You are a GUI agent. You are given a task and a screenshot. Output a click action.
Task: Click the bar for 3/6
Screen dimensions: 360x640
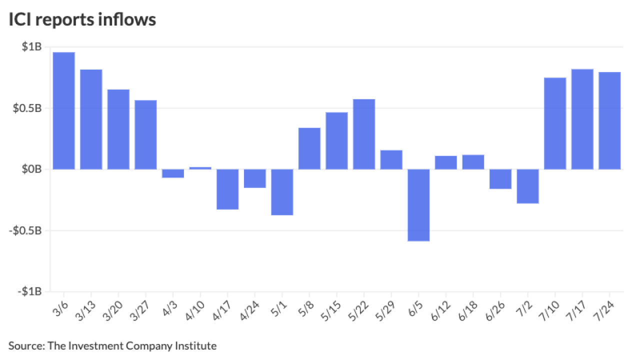click(x=64, y=110)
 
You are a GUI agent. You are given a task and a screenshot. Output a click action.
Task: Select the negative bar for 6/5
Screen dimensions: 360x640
click(x=418, y=205)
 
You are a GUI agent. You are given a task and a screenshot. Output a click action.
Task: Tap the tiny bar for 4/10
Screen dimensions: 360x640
click(x=200, y=168)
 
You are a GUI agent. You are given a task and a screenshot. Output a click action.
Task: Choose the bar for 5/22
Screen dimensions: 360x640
click(x=364, y=134)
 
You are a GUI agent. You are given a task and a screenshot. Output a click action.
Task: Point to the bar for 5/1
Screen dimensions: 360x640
click(x=282, y=192)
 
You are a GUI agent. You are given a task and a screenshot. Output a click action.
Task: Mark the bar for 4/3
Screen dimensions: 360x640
click(x=173, y=173)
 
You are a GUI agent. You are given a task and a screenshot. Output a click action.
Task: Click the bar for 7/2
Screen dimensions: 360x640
click(x=527, y=186)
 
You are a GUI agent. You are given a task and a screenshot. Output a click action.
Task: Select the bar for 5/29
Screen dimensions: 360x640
click(x=391, y=159)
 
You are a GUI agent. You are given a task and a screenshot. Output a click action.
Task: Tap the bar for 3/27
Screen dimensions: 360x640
click(x=145, y=134)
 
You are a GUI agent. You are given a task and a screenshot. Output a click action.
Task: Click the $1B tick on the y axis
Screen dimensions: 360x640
click(x=31, y=47)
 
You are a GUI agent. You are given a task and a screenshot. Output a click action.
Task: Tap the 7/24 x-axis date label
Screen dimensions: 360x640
click(x=608, y=308)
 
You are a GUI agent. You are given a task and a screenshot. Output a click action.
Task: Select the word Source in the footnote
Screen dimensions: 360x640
click(x=24, y=345)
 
